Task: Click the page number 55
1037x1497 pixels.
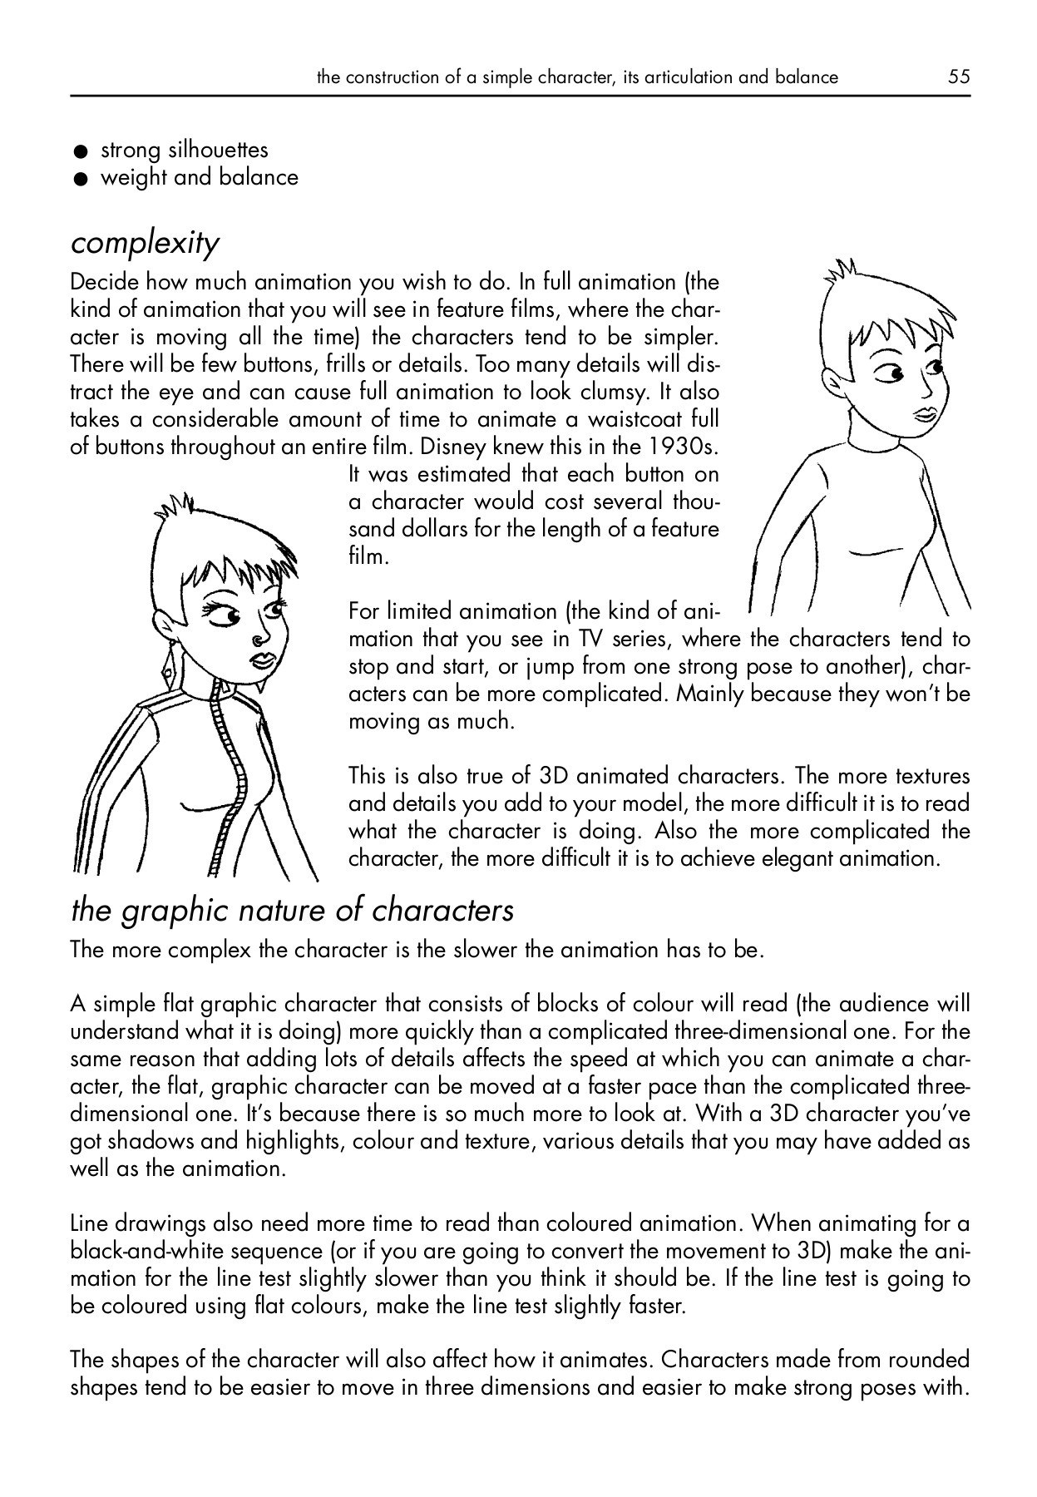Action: [958, 77]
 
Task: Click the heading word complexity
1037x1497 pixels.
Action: [146, 244]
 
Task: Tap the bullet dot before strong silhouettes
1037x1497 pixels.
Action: [80, 152]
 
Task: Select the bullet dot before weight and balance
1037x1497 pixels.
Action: [80, 180]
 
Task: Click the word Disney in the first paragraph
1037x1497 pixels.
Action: [454, 447]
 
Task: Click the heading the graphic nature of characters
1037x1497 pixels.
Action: [293, 911]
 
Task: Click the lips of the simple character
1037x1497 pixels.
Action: [924, 414]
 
